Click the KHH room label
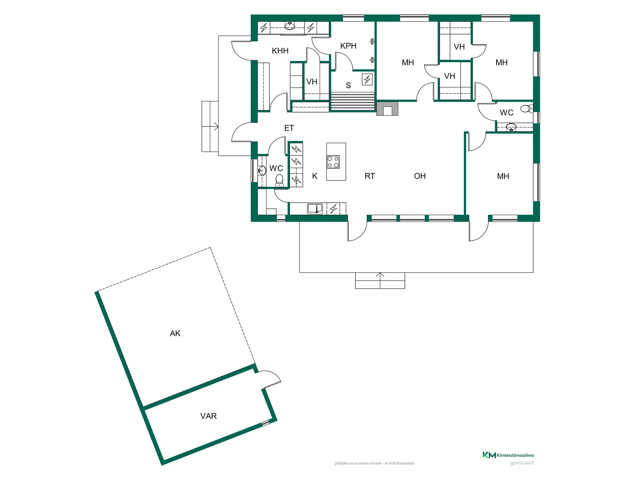[x=280, y=51]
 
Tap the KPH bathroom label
[x=348, y=46]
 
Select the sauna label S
[x=348, y=85]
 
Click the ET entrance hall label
[x=289, y=128]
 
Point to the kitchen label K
[x=315, y=176]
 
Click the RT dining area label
[x=370, y=176]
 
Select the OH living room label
[x=420, y=176]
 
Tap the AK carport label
[x=175, y=333]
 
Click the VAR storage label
[x=208, y=416]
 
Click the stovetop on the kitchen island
[x=333, y=162]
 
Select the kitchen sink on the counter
[x=315, y=208]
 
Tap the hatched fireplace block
[x=387, y=108]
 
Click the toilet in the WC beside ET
[x=279, y=181]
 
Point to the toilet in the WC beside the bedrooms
[x=527, y=109]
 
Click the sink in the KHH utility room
[x=290, y=26]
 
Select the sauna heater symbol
[x=367, y=79]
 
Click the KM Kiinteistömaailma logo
[x=508, y=455]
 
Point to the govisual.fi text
[x=522, y=463]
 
